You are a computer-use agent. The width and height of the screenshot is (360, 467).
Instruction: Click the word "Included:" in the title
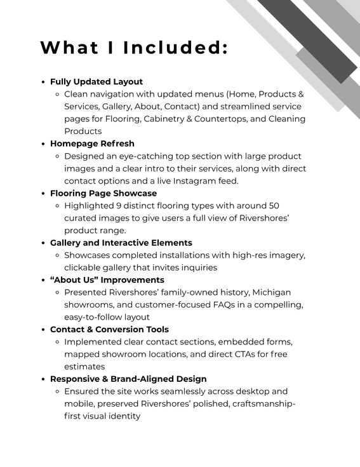pyautogui.click(x=175, y=48)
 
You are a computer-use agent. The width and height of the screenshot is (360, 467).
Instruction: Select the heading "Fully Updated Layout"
pyautogui.click(x=97, y=82)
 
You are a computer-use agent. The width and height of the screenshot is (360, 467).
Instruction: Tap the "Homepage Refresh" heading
pyautogui.click(x=92, y=144)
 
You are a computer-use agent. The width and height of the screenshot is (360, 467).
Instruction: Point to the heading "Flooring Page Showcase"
pyautogui.click(x=103, y=193)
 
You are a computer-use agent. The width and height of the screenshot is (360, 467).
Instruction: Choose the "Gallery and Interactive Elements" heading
pyautogui.click(x=121, y=243)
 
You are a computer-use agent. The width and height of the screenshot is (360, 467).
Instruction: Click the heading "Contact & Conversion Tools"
pyautogui.click(x=109, y=329)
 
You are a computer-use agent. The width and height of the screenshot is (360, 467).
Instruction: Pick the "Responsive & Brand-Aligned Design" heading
pyautogui.click(x=128, y=379)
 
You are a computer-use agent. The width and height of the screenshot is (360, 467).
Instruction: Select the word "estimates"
pyautogui.click(x=85, y=367)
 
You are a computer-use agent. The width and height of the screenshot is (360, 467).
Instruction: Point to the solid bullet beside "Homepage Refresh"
pyautogui.click(x=43, y=144)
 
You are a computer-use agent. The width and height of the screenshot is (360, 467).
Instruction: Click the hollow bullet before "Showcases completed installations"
pyautogui.click(x=57, y=255)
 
